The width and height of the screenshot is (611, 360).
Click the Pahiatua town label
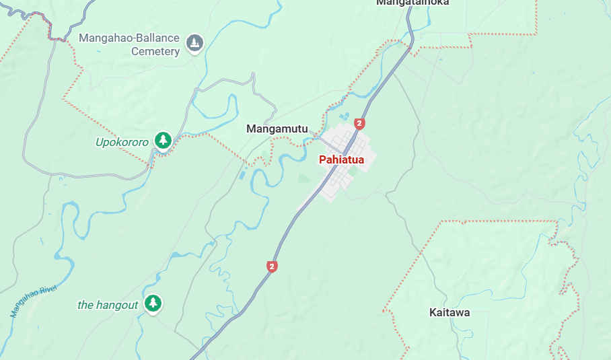pyautogui.click(x=341, y=159)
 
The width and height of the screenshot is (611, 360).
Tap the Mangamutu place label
pyautogui.click(x=277, y=129)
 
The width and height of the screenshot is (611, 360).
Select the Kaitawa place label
pyautogui.click(x=450, y=312)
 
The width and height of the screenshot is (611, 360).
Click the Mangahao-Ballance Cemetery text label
pyautogui.click(x=129, y=44)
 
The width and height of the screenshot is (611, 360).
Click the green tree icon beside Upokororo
pyautogui.click(x=162, y=141)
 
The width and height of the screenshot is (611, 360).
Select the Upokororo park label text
pyautogui.click(x=122, y=142)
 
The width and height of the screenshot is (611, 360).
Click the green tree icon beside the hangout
pyautogui.click(x=153, y=303)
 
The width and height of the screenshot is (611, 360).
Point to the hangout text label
pyautogui.click(x=108, y=305)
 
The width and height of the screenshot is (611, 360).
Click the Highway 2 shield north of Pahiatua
pyautogui.click(x=359, y=123)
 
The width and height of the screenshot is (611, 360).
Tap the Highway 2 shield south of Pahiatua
pyautogui.click(x=272, y=266)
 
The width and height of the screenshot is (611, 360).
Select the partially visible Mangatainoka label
pyautogui.click(x=412, y=3)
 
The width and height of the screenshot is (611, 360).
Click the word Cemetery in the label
pyautogui.click(x=155, y=51)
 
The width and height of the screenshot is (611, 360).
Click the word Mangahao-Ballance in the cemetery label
pyautogui.click(x=129, y=38)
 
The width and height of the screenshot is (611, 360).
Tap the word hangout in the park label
pyautogui.click(x=117, y=305)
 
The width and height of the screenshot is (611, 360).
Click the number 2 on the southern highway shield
pyautogui.click(x=272, y=266)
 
